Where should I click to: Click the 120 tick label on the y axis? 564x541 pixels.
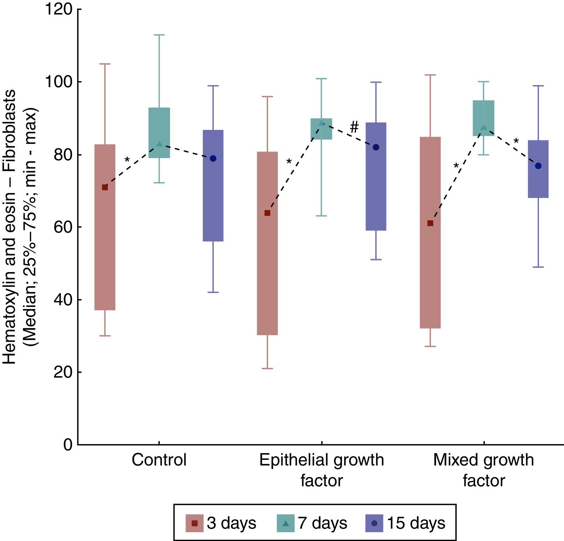tap(58, 9)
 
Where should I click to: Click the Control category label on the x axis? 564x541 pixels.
tap(159, 460)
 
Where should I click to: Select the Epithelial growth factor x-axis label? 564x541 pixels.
tap(321, 470)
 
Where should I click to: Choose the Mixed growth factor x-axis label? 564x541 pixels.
tap(484, 470)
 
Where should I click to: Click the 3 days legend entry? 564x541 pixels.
tap(221, 523)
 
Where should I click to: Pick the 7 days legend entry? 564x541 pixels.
tap(312, 523)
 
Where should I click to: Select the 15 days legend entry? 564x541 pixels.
tap(406, 523)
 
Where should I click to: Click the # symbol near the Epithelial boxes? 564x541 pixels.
tap(354, 127)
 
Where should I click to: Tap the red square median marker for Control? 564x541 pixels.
tap(105, 187)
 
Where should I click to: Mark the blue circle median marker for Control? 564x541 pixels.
tap(213, 158)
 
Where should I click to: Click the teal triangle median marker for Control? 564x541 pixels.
tap(159, 144)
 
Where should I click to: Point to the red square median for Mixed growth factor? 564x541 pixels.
tap(430, 223)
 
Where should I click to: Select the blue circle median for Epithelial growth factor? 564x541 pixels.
tap(376, 147)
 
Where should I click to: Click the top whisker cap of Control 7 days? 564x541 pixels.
tap(159, 35)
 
